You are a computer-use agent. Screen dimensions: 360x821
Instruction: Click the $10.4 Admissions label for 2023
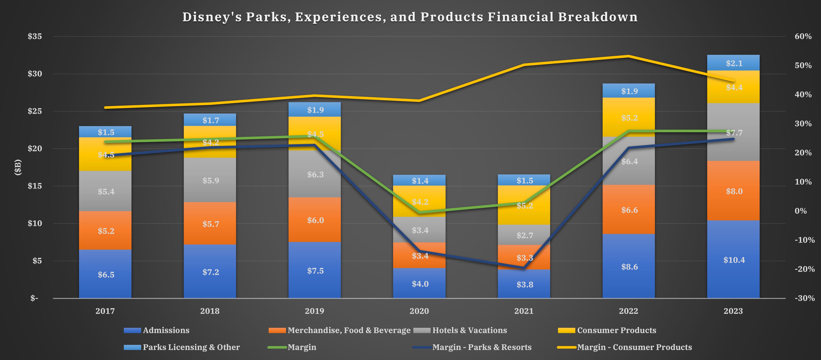pos(734,260)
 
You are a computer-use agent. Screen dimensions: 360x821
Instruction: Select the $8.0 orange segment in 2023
pos(734,191)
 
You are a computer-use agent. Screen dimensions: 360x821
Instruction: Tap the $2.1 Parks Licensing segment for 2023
pos(734,63)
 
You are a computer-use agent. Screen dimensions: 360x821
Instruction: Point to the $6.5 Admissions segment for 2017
pos(106,275)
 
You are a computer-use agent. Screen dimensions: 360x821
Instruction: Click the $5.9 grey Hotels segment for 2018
pos(211,181)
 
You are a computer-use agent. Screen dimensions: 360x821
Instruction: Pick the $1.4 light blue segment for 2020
pos(420,181)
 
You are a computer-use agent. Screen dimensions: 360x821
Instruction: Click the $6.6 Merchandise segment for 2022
pos(629,210)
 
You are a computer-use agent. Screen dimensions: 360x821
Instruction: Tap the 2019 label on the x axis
pos(314,311)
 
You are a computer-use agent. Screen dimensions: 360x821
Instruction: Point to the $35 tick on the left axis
pos(35,36)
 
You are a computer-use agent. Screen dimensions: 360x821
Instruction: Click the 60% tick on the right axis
pos(803,36)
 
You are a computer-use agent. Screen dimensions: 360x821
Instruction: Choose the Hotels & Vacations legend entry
pos(469,330)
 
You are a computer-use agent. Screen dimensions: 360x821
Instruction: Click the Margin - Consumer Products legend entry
pos(634,347)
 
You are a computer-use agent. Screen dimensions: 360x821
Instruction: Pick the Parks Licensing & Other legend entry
pos(191,347)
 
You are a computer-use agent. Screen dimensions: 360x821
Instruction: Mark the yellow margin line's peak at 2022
pos(629,56)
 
